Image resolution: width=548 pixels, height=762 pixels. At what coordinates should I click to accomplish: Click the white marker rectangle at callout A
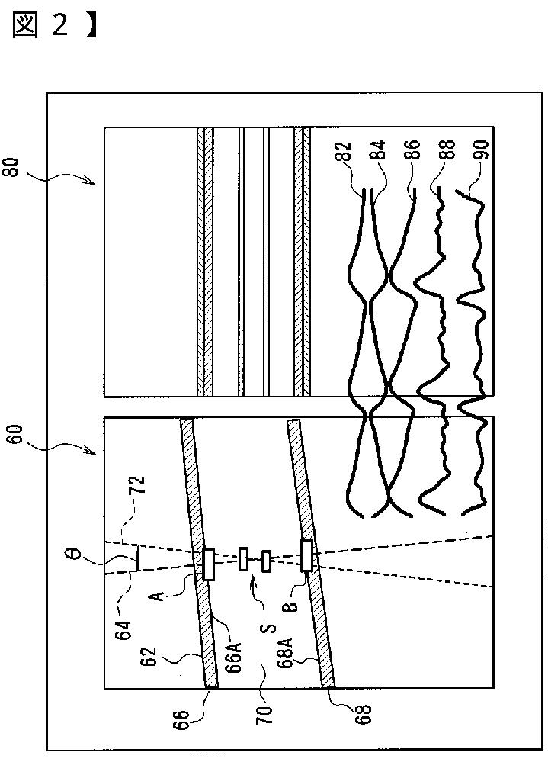coord(207,564)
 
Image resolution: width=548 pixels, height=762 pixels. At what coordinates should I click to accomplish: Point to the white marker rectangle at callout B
coord(306,555)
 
